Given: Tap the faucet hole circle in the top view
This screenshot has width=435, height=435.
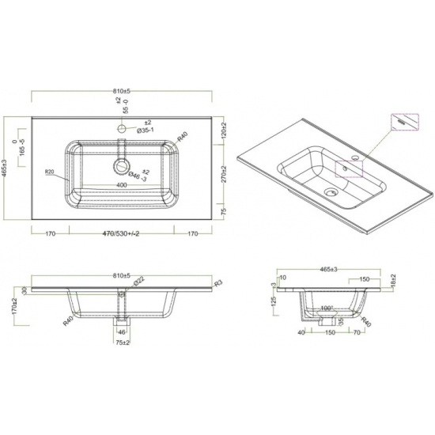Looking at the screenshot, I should tap(122, 127).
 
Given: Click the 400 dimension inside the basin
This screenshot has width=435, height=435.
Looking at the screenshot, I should tap(121, 184).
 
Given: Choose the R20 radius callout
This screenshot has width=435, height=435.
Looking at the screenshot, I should tap(48, 171).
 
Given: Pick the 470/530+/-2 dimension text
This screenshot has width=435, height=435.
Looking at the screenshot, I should tap(123, 234).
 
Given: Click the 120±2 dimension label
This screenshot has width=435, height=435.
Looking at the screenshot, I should tap(225, 130).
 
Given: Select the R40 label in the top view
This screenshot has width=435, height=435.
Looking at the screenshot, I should tap(183, 134).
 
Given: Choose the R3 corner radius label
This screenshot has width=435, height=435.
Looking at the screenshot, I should tap(217, 283).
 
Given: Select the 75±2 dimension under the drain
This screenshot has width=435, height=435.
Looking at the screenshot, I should tap(122, 344).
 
